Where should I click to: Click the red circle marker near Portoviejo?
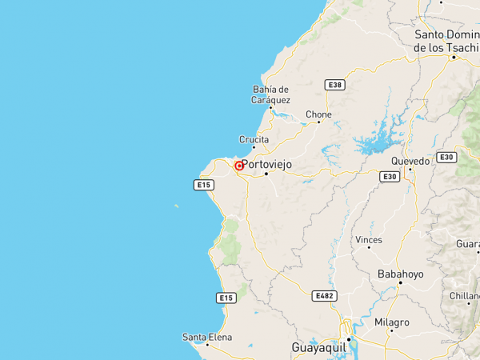coord(238,166)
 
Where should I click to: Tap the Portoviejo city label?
coord(267,164)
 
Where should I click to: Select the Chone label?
coord(318,114)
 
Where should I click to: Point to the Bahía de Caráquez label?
coord(270,94)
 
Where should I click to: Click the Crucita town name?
coord(254,138)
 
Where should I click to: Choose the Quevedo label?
coord(410,161)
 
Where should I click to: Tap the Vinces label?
coord(369,239)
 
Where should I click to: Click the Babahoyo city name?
coord(400,274)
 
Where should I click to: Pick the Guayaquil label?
coord(319,348)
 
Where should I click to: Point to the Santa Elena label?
coord(206,337)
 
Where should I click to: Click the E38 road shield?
coord(334,84)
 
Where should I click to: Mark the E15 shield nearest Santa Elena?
coord(226,298)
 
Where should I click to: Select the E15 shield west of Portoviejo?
coord(204,185)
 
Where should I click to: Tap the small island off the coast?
coord(176,206)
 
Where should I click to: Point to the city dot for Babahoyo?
coord(400,284)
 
